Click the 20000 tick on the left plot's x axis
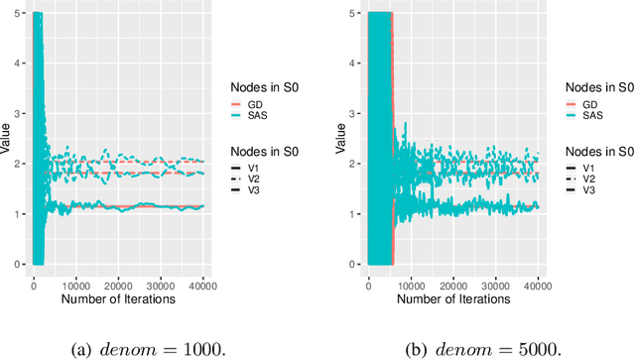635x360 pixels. tap(119, 285)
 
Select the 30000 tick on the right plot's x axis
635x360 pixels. tap(495, 285)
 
